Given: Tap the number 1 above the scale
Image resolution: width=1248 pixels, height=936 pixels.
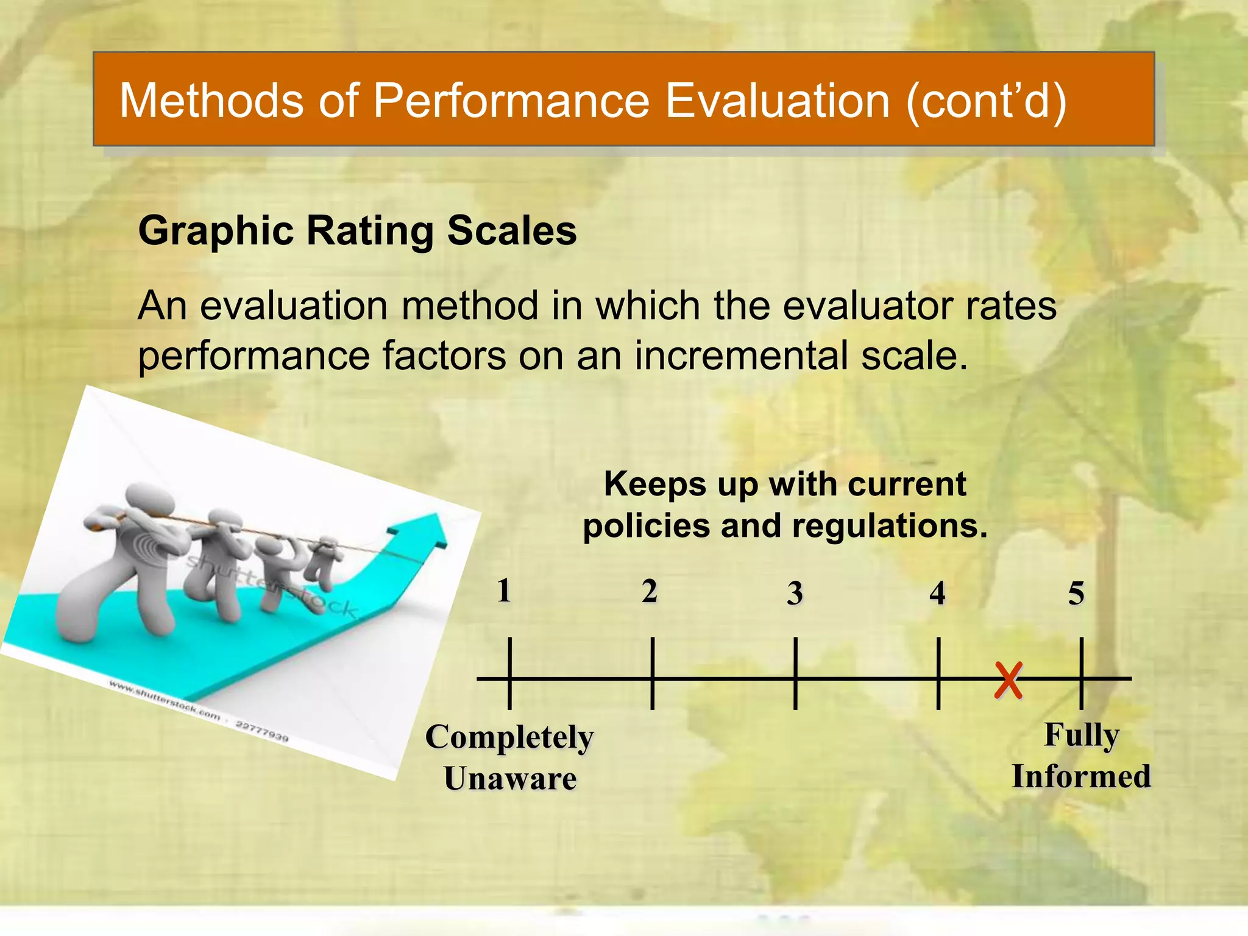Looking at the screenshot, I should [503, 590].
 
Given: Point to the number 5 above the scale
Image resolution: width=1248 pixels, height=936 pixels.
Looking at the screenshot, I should [1076, 593].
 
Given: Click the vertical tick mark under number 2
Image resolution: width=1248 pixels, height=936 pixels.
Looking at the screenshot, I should [652, 673].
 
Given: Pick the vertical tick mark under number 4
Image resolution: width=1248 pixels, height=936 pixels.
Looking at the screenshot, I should [938, 673].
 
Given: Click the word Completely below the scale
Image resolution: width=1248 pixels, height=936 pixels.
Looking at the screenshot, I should [509, 737].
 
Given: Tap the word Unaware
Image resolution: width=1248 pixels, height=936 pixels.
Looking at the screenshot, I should [510, 779].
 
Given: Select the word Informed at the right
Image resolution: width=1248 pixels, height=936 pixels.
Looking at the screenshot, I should [1081, 776].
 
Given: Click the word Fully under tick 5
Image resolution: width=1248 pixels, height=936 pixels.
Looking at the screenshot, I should [1082, 735].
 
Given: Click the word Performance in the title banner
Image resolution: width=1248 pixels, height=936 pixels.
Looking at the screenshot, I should [511, 101].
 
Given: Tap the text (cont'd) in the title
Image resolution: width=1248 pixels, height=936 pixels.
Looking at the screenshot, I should [987, 101].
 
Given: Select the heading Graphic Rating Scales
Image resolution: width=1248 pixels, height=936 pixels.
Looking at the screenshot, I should [357, 231].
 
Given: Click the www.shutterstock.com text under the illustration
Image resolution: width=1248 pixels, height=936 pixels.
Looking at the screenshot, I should [165, 700].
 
